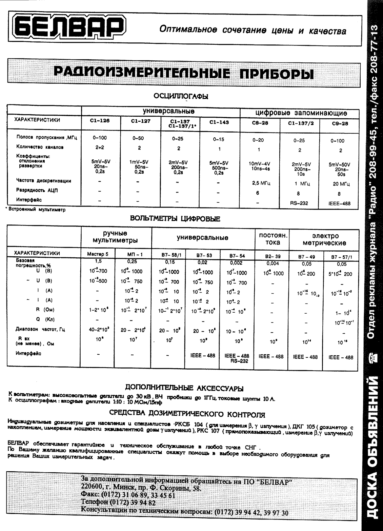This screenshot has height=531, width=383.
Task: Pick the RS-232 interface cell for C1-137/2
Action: click(x=300, y=203)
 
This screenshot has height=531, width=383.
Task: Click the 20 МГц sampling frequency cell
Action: click(x=340, y=184)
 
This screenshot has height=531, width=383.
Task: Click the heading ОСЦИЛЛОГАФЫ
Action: click(x=181, y=96)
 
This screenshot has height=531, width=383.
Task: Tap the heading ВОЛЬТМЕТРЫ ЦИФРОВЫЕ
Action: click(x=176, y=219)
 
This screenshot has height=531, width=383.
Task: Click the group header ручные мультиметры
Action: click(x=116, y=237)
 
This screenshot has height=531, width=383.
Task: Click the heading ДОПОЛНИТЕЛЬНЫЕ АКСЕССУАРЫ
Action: click(x=184, y=388)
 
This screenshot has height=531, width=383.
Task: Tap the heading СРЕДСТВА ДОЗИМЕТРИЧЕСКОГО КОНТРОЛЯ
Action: click(x=187, y=414)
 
